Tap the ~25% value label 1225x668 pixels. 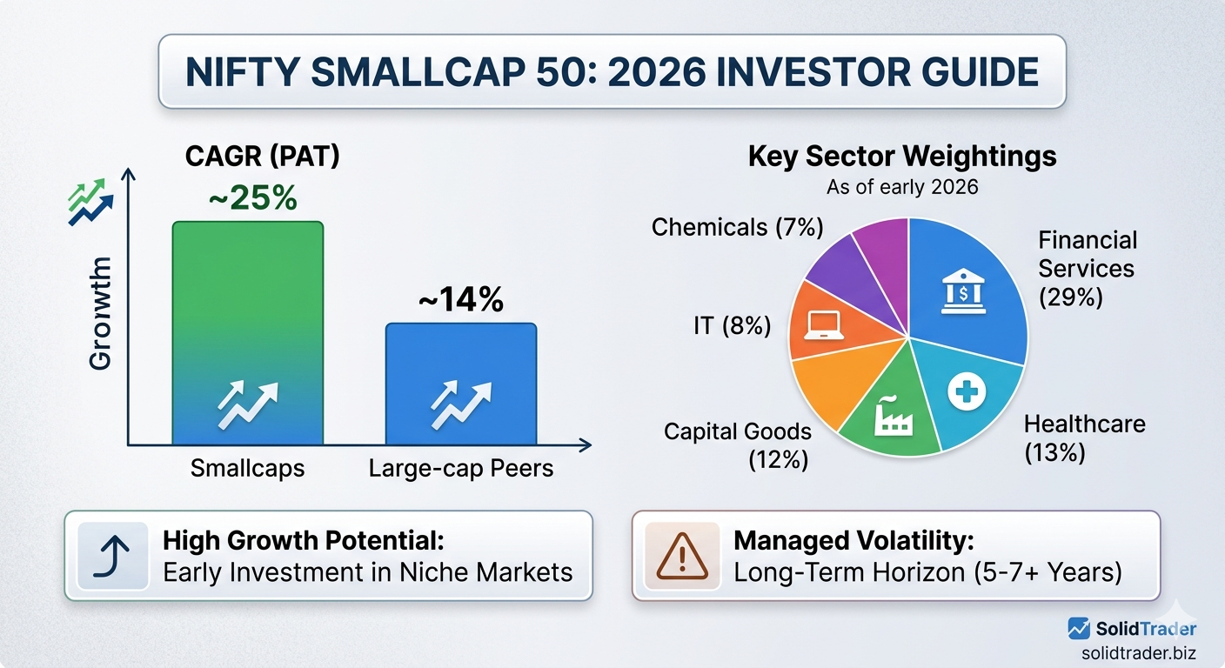click(252, 198)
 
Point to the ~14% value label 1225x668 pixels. click(460, 300)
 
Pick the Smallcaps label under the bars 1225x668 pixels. click(248, 469)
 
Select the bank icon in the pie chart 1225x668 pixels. click(964, 292)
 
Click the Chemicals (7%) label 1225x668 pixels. click(737, 227)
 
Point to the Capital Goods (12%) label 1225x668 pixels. click(738, 444)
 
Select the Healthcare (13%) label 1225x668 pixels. click(1084, 438)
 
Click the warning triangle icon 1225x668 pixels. click(682, 556)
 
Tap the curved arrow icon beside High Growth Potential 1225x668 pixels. click(115, 556)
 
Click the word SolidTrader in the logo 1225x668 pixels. click(1146, 628)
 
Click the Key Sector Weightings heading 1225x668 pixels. click(902, 157)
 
